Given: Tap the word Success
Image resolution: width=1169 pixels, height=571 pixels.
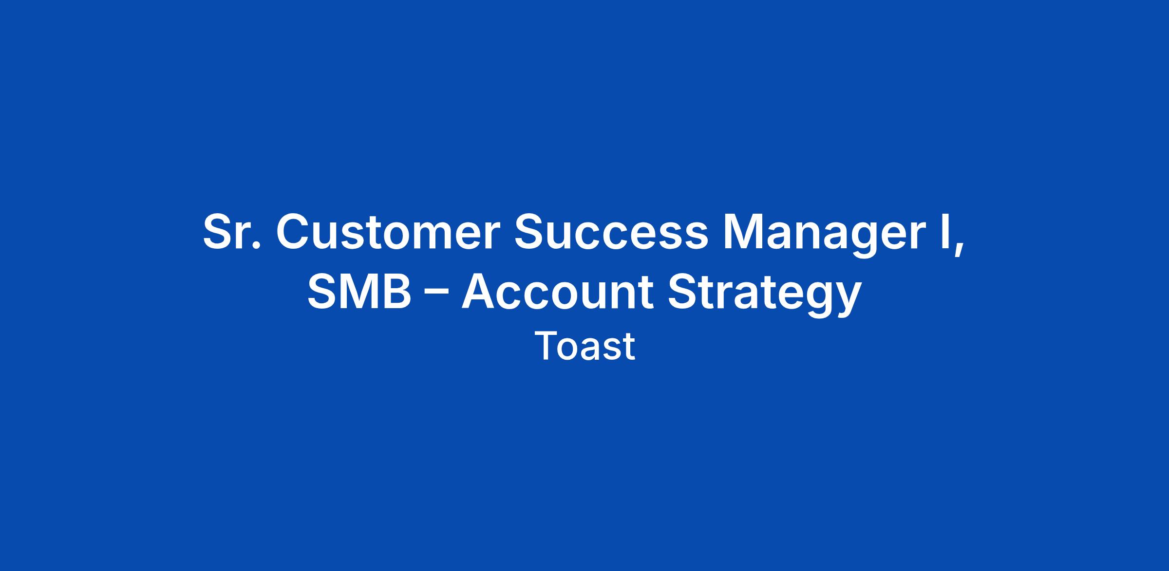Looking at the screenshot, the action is [x=611, y=232].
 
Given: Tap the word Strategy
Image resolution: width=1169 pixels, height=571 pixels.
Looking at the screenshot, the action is [x=764, y=296].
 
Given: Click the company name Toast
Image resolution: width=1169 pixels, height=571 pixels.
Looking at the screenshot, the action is [x=584, y=346].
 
